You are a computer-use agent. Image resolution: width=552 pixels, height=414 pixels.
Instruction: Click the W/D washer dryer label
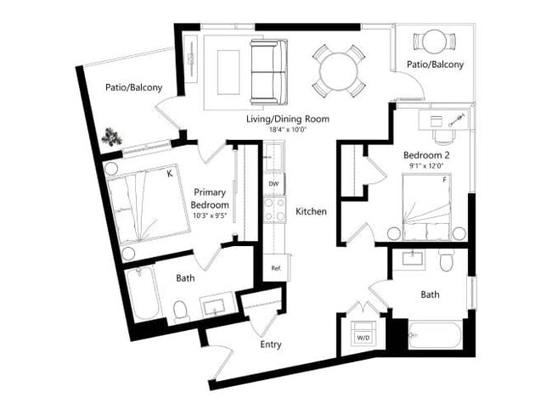(362, 338)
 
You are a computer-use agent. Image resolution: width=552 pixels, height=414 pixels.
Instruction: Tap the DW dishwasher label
(273, 183)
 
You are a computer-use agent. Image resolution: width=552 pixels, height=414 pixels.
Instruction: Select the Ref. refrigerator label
(275, 268)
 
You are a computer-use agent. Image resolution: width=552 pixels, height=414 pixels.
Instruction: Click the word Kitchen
(311, 211)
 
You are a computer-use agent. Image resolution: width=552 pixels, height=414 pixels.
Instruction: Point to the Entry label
(271, 344)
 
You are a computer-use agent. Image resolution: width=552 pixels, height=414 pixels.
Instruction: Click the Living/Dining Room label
(287, 119)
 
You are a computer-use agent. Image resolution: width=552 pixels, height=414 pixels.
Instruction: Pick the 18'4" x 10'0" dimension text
(287, 130)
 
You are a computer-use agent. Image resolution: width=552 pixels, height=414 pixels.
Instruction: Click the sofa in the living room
(268, 70)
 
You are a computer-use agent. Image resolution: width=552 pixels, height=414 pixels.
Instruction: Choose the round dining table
(338, 70)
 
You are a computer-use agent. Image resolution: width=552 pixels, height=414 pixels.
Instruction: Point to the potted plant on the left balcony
(110, 136)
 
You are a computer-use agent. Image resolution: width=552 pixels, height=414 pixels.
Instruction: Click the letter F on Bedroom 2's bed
(443, 179)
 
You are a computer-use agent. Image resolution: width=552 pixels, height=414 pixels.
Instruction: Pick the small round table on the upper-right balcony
(434, 41)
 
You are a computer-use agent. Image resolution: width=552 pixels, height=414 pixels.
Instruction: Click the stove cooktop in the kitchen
(274, 209)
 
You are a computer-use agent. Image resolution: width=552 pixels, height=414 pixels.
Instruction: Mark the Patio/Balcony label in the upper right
(430, 64)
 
